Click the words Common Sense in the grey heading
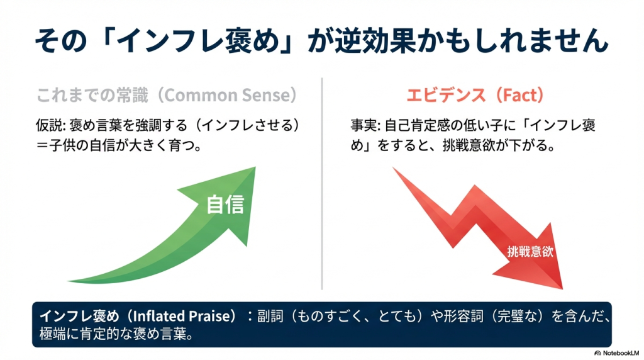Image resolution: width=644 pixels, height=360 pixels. point(228,95)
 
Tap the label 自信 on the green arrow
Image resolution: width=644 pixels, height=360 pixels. point(225,205)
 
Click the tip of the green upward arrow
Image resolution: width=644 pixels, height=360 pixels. point(255,167)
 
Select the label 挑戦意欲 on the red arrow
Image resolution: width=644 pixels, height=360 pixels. point(530,252)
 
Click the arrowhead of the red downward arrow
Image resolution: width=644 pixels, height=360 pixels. point(562,288)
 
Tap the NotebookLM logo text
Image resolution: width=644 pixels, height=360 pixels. point(621,353)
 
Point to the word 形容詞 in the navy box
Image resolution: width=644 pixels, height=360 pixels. point(464,316)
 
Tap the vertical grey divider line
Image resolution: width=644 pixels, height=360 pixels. point(322,184)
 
